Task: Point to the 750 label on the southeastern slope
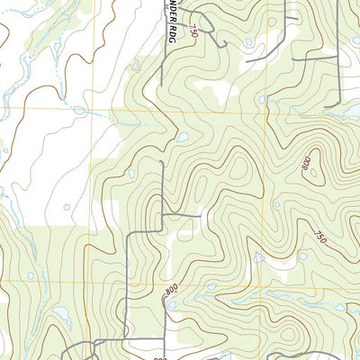(x=319, y=237)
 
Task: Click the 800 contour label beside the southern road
(x=170, y=291)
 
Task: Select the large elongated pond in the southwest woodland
(x=60, y=315)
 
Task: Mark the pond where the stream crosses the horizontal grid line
(x=79, y=111)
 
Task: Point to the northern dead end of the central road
(x=162, y=162)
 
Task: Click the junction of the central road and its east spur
(x=162, y=216)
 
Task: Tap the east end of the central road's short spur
(x=200, y=216)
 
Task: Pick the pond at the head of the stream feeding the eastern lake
(x=262, y=100)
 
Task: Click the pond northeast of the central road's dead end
(x=184, y=138)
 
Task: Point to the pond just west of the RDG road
(x=136, y=65)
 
